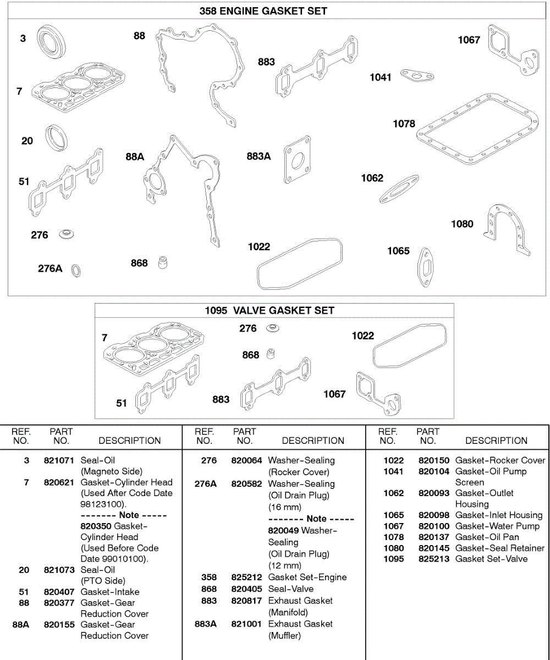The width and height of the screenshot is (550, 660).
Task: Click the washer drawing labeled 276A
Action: coord(77,270)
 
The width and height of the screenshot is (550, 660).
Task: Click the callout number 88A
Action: coord(134,157)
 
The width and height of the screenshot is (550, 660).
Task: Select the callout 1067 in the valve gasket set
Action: coord(334,394)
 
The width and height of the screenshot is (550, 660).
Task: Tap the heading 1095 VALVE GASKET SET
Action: coord(269,310)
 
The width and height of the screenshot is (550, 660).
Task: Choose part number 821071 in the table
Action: coord(59,460)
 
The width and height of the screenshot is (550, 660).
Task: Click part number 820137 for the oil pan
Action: coord(434,537)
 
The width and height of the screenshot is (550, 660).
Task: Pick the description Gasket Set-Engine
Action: coord(307,577)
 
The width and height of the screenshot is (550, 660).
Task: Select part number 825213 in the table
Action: coord(434,559)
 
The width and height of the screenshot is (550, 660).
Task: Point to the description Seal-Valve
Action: coord(291,588)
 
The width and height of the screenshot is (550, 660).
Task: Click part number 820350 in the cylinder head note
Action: coord(96,526)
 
